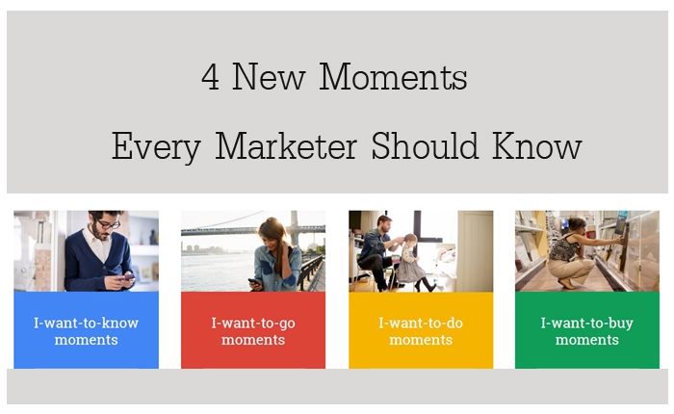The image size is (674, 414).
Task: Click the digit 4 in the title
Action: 210,77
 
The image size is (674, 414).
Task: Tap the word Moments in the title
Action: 393,76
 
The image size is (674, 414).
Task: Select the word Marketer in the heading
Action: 286,146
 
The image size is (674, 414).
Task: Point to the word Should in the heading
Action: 425,145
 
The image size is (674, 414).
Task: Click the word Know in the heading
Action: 537,145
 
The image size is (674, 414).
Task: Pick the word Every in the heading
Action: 156,148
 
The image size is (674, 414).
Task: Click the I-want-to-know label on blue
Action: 86,323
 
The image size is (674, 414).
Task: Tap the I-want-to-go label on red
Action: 253,323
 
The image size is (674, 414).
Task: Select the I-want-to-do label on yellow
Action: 421,323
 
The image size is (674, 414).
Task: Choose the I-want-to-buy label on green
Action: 587,323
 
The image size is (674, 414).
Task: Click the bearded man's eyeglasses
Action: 108,224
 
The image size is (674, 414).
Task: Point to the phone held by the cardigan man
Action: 128,277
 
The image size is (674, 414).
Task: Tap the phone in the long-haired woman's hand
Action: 254,282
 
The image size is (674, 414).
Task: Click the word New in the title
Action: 269,77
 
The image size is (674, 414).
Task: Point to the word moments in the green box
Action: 587,340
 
